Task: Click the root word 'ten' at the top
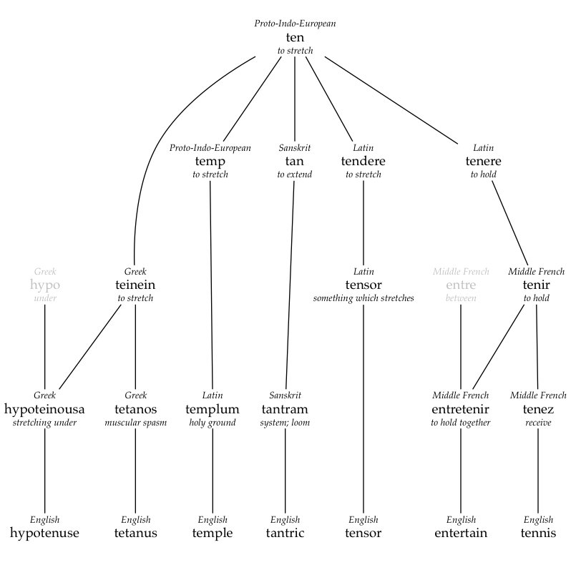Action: [x=295, y=37]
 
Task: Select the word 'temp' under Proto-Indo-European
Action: [x=210, y=162]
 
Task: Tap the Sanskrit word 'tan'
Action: [x=295, y=162]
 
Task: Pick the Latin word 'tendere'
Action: [x=363, y=162]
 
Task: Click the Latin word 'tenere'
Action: [x=483, y=162]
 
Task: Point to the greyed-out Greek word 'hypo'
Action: [x=45, y=285]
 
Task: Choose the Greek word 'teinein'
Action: [x=135, y=285]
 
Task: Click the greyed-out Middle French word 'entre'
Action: [x=461, y=285]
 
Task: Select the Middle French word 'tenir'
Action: [x=536, y=285]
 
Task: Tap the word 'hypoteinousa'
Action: [x=44, y=409]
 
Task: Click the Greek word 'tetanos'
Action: [x=135, y=409]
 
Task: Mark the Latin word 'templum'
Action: [x=213, y=409]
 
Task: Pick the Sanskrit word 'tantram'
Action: [x=285, y=409]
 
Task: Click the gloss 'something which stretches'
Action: [x=363, y=298]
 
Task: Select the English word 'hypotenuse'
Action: [x=44, y=533]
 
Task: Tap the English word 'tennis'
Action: [x=538, y=533]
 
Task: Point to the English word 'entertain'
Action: [x=461, y=533]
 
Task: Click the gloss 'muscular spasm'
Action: [x=135, y=423]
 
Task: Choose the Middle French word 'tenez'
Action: [x=538, y=409]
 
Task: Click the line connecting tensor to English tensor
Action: [x=363, y=408]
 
